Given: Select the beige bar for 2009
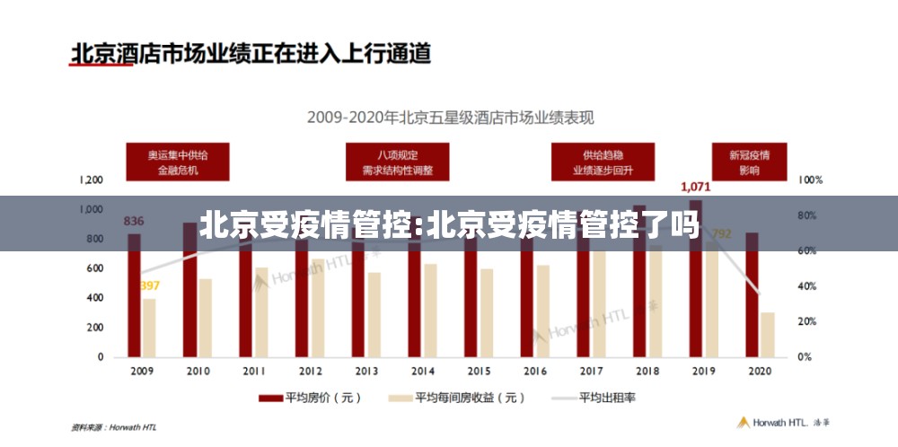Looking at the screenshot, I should [x=148, y=327].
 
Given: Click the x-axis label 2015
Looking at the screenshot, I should [x=479, y=371].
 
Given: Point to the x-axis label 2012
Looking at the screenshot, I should [x=310, y=371].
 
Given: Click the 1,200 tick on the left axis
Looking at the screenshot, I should [x=91, y=180].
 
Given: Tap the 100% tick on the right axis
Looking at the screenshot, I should [x=810, y=180].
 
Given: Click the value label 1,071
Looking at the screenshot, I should [x=695, y=187].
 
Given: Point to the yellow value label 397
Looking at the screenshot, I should [x=149, y=286].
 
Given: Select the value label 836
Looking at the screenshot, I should [x=133, y=221].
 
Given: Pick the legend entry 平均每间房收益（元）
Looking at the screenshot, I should [x=456, y=397].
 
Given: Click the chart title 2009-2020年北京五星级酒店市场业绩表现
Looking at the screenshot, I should [x=451, y=117].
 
